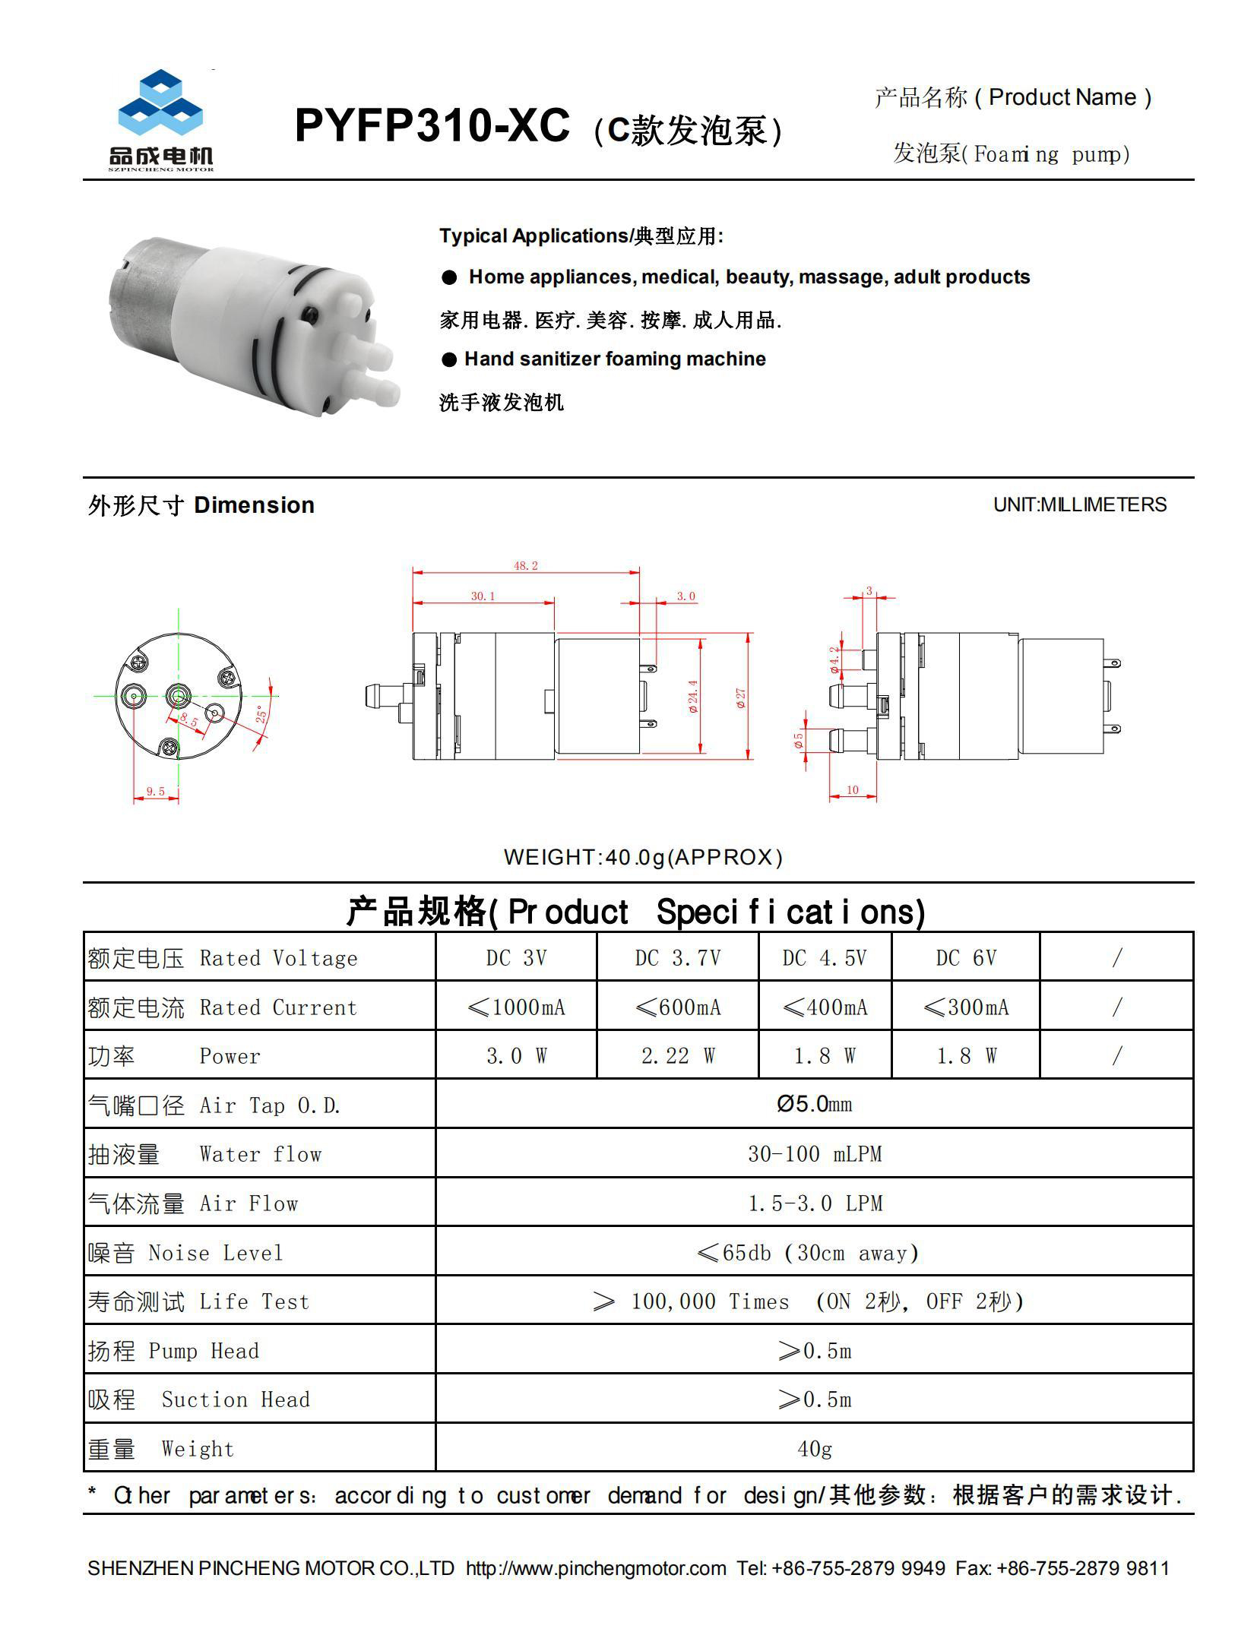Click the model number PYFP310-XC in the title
pos(431,125)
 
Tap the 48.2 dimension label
pos(525,566)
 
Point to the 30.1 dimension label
pos(483,596)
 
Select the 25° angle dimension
pos(261,714)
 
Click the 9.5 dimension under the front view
pos(156,792)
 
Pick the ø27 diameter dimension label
pos(741,697)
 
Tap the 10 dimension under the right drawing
pos(852,790)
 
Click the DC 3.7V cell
pos(677,958)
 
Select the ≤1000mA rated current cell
pos(516,1007)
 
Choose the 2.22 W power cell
pos(677,1056)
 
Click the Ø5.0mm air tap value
pos(814,1104)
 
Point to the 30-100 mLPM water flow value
pos(814,1154)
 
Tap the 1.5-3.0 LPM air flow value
pos(814,1203)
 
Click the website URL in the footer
pos(596,1568)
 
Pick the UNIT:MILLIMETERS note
pos(1079,504)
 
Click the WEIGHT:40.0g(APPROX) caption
pos(643,857)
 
